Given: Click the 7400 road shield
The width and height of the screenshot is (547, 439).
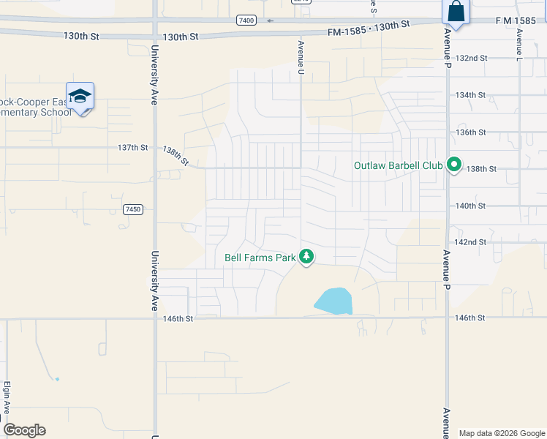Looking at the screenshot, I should pyautogui.click(x=246, y=20).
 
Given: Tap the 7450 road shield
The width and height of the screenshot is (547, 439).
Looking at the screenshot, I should pyautogui.click(x=132, y=210).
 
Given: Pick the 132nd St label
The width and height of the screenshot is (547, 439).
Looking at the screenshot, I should pyautogui.click(x=471, y=58).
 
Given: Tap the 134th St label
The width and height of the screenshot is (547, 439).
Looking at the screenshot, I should pyautogui.click(x=471, y=95).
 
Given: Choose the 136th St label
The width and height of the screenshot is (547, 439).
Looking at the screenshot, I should pyautogui.click(x=471, y=132).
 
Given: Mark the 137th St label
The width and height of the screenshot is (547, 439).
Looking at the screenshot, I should pyautogui.click(x=132, y=148).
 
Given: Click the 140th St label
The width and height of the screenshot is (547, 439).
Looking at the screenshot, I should pyautogui.click(x=471, y=206).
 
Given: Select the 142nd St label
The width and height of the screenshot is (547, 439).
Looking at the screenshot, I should pyautogui.click(x=471, y=242).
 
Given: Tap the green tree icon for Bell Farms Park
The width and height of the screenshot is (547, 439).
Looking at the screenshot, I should pyautogui.click(x=307, y=257).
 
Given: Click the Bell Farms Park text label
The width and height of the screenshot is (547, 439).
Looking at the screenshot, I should pyautogui.click(x=260, y=258).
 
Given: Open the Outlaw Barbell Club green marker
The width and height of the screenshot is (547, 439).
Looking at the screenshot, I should pyautogui.click(x=453, y=166).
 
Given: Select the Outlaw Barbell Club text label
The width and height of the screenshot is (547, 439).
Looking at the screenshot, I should pyautogui.click(x=398, y=166).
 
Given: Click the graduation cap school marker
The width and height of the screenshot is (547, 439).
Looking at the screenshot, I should pyautogui.click(x=80, y=96).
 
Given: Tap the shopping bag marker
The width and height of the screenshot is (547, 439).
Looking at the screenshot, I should pyautogui.click(x=456, y=12).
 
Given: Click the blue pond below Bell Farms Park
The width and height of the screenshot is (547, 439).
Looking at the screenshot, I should pyautogui.click(x=333, y=301).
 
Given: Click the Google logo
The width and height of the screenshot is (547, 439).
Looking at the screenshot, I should pyautogui.click(x=24, y=430).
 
